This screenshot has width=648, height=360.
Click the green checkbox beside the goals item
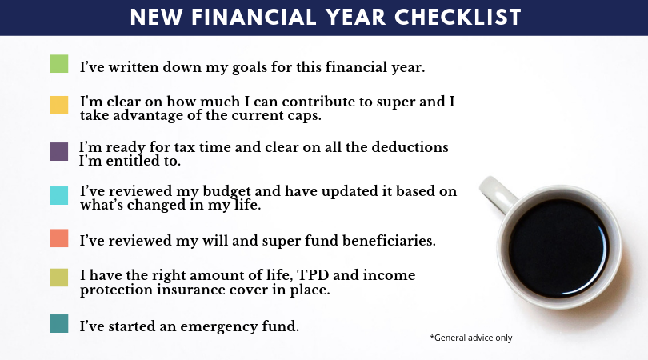click(59, 64)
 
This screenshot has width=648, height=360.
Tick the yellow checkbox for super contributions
click(59, 105)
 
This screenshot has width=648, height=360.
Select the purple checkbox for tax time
click(59, 152)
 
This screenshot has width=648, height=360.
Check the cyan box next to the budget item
click(59, 195)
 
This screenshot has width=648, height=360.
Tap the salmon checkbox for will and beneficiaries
click(59, 238)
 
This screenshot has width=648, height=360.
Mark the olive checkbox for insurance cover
click(59, 278)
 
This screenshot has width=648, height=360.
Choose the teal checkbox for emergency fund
click(59, 324)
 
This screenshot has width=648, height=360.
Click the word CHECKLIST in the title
click(458, 18)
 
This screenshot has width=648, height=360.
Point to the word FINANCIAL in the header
click(254, 18)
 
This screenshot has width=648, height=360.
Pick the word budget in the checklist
click(226, 192)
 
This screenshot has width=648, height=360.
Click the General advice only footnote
click(471, 338)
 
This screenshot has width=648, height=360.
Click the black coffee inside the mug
click(558, 247)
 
